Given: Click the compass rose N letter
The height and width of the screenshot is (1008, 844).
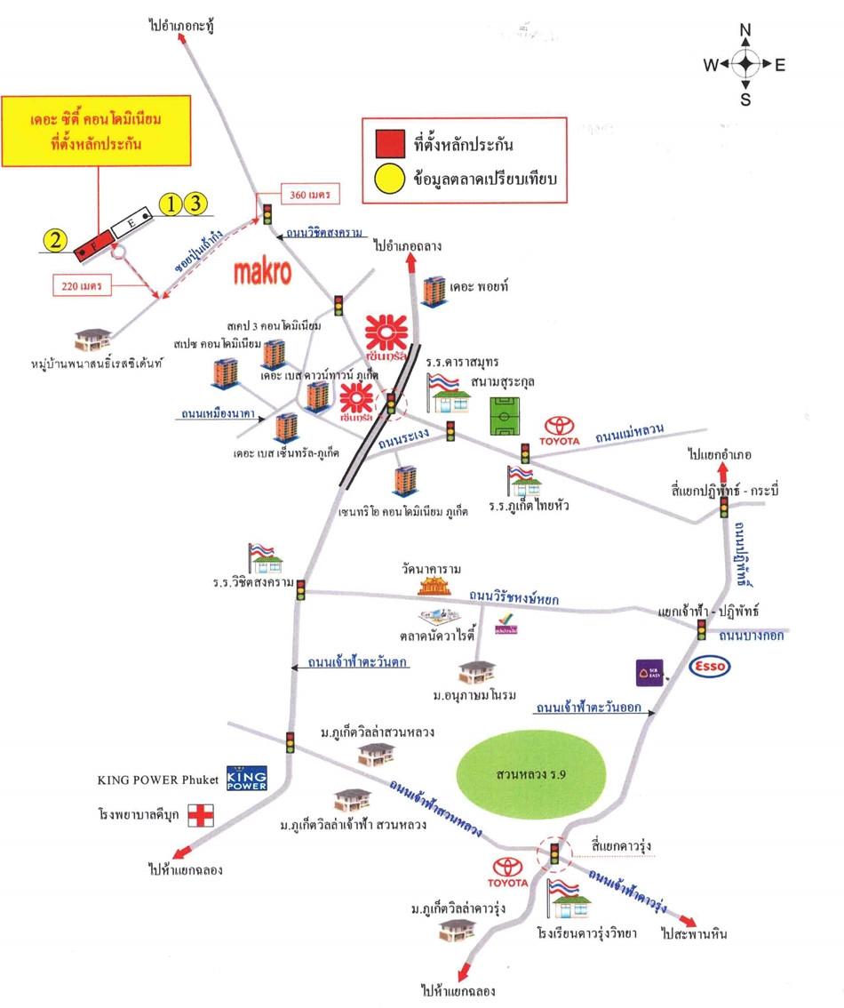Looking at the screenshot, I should (x=745, y=32).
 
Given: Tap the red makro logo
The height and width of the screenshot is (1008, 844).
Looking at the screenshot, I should (x=263, y=272).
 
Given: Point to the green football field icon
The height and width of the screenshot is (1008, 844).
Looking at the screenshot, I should (x=508, y=414).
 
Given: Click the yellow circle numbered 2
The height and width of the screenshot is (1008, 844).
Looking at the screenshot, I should (x=57, y=239).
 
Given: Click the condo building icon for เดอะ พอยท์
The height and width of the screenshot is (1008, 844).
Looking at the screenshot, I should (x=434, y=291).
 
